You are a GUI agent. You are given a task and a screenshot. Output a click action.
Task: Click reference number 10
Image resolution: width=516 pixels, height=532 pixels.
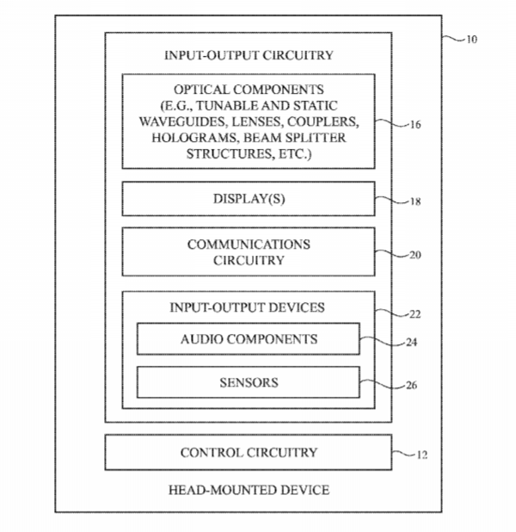tap(471, 40)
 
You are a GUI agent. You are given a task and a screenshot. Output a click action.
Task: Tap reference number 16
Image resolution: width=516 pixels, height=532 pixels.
tap(415, 125)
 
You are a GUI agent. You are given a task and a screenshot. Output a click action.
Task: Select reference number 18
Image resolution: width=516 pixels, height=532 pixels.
tap(415, 202)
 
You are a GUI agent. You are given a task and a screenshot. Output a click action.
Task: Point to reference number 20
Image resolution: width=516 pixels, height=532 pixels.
tap(415, 255)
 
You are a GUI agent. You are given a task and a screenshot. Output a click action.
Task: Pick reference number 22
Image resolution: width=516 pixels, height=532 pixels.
tap(415, 314)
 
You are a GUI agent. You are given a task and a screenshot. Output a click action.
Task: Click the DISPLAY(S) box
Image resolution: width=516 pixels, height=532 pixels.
tap(249, 199)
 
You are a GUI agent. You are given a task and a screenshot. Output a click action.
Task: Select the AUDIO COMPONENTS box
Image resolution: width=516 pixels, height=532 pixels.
tap(249, 339)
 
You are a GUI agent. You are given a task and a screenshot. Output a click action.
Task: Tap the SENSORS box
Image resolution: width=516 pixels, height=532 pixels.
tap(249, 381)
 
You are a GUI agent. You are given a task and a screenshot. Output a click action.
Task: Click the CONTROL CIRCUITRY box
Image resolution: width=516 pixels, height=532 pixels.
tap(249, 453)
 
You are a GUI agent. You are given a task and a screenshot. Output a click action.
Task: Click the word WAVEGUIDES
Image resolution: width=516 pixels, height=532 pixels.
tap(181, 121)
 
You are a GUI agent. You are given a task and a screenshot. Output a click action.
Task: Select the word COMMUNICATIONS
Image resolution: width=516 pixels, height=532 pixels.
tap(249, 244)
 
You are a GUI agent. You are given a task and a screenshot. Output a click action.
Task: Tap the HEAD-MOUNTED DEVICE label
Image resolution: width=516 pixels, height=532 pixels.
tap(249, 490)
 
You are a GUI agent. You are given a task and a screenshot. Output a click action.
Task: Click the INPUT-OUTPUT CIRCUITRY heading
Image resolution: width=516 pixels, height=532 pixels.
tap(249, 56)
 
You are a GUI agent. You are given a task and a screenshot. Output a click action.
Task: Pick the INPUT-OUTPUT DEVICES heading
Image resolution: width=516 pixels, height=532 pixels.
tap(249, 307)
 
